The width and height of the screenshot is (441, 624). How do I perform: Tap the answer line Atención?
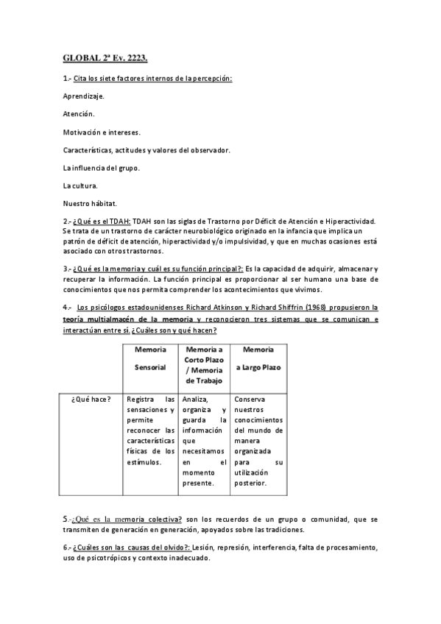tap(79, 114)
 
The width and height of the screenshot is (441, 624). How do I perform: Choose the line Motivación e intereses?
tap(102, 132)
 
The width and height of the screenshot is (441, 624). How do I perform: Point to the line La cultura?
tap(80, 185)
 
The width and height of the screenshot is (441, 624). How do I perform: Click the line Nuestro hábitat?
tap(90, 203)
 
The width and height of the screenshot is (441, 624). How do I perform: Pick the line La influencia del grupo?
tap(102, 168)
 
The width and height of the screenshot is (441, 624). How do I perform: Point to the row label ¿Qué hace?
tap(91, 399)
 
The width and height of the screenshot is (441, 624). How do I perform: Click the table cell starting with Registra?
tap(150, 430)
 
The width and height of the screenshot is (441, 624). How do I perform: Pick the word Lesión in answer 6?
tap(205, 548)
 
